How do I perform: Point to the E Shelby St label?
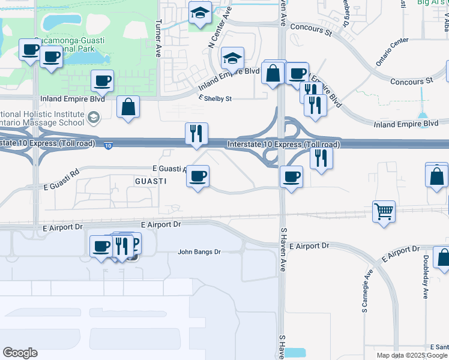[215, 98]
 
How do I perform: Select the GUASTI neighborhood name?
[150, 181]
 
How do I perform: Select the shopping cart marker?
[384, 211]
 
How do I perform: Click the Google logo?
[20, 353]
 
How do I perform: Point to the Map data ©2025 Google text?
[412, 355]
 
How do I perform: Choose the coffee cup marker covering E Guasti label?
[198, 176]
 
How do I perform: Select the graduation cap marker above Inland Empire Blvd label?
[232, 58]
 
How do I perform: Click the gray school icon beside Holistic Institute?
[93, 118]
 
